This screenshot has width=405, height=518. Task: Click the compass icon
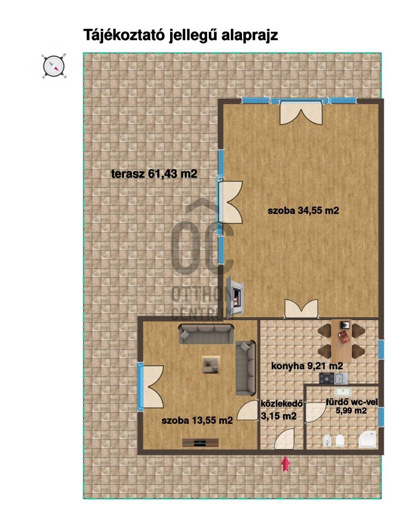coord(54,66)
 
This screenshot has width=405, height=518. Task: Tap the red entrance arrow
coord(286,463)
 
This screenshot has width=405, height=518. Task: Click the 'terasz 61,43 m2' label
coord(154,174)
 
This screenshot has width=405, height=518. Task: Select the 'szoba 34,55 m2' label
coord(303,210)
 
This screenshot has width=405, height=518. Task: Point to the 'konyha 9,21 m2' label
coord(307,366)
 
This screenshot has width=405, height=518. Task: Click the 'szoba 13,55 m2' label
coord(197,420)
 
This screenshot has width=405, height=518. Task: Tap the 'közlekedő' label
coord(281,404)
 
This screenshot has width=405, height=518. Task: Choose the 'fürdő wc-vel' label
coord(352,402)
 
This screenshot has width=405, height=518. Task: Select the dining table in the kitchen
coord(342,341)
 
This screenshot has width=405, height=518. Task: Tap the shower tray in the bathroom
coord(368,440)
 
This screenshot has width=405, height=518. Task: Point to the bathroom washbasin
coord(343,392)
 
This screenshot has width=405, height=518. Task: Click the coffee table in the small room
coord(211,365)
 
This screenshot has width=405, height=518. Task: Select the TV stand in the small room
coord(200,443)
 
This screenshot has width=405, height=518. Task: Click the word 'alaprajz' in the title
coord(250,35)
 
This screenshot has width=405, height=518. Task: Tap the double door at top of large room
coord(301,113)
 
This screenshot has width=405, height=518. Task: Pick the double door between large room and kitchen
coord(302,309)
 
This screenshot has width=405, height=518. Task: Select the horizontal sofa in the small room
coord(207,334)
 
